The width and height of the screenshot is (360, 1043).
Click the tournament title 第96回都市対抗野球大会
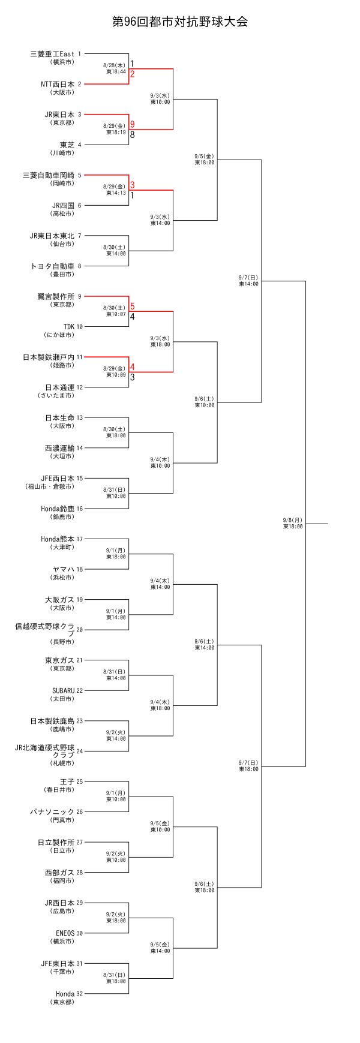click(180, 22)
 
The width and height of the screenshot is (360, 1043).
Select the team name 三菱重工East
click(52, 54)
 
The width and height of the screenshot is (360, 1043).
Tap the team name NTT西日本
click(58, 85)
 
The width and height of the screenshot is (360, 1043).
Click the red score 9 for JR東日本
click(132, 124)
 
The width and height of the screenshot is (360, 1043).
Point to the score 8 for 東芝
click(132, 134)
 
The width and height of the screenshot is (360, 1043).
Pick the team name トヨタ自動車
click(53, 266)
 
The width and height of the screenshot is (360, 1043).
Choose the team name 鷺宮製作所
click(56, 296)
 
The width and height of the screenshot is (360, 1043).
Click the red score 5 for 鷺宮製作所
click(132, 306)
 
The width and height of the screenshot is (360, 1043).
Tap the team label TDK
click(69, 327)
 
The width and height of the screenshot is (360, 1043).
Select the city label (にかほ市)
click(59, 335)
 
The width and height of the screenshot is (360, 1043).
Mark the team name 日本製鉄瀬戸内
click(49, 357)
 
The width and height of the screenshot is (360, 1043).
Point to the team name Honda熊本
click(58, 539)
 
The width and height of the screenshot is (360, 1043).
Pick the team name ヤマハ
click(64, 569)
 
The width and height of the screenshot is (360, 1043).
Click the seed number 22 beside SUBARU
click(80, 690)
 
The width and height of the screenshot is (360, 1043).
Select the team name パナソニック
click(53, 812)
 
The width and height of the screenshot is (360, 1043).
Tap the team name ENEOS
click(65, 933)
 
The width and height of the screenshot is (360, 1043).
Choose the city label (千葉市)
click(62, 971)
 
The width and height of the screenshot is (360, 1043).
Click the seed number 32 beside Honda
click(80, 994)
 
